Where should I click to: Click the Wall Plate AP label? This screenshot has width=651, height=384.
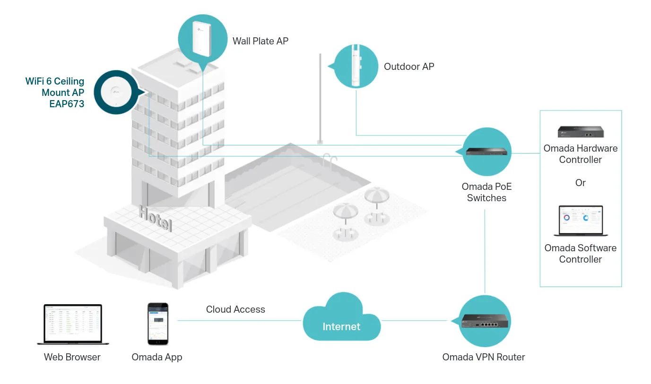click(260, 41)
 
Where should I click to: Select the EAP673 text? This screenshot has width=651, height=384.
click(67, 104)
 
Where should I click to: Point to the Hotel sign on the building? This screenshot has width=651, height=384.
click(156, 219)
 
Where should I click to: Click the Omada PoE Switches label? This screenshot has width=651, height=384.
click(486, 192)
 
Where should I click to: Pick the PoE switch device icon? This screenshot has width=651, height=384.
click(486, 152)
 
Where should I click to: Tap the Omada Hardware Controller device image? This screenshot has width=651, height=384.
click(581, 132)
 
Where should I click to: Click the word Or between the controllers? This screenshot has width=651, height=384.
click(581, 183)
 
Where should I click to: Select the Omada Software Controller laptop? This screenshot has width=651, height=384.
click(581, 221)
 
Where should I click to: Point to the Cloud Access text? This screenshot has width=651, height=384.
click(235, 309)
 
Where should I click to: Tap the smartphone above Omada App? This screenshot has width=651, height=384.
click(157, 324)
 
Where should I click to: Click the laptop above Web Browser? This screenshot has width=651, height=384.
click(73, 324)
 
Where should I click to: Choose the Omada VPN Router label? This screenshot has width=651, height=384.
click(484, 357)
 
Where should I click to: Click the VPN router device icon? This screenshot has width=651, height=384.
click(486, 321)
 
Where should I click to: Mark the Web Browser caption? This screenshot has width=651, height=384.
click(72, 357)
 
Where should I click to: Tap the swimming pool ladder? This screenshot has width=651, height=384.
click(330, 161)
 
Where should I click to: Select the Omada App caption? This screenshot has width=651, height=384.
click(157, 357)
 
